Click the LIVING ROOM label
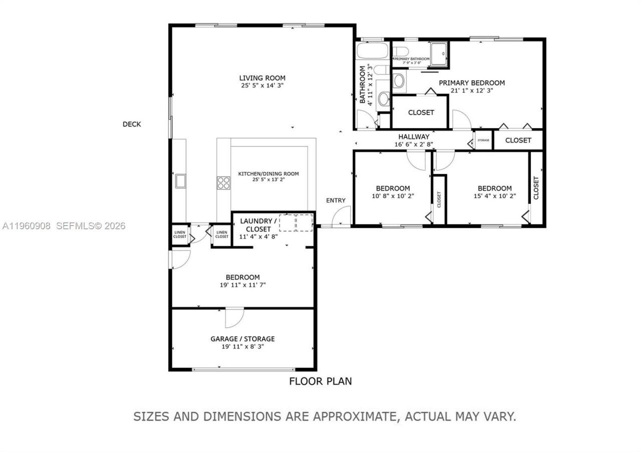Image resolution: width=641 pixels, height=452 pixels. [x=262, y=77]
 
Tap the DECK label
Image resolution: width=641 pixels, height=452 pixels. [x=132, y=124]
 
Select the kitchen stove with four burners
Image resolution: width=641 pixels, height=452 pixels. [x=223, y=182]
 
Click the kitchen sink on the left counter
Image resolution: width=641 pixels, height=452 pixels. [x=180, y=180]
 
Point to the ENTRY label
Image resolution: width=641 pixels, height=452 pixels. [x=336, y=200]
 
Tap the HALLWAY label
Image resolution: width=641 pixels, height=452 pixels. [x=414, y=136]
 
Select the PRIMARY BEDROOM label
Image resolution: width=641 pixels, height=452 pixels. [x=472, y=83]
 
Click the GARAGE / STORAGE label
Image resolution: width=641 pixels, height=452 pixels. [x=242, y=338]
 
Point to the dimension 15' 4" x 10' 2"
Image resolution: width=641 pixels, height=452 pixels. [x=494, y=196]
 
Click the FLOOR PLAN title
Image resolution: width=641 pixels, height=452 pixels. [x=320, y=381]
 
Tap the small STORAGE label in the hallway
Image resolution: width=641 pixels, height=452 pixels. [x=483, y=140]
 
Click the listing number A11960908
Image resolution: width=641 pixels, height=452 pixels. [x=26, y=225]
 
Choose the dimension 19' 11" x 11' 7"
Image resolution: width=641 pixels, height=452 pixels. [x=242, y=285]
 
